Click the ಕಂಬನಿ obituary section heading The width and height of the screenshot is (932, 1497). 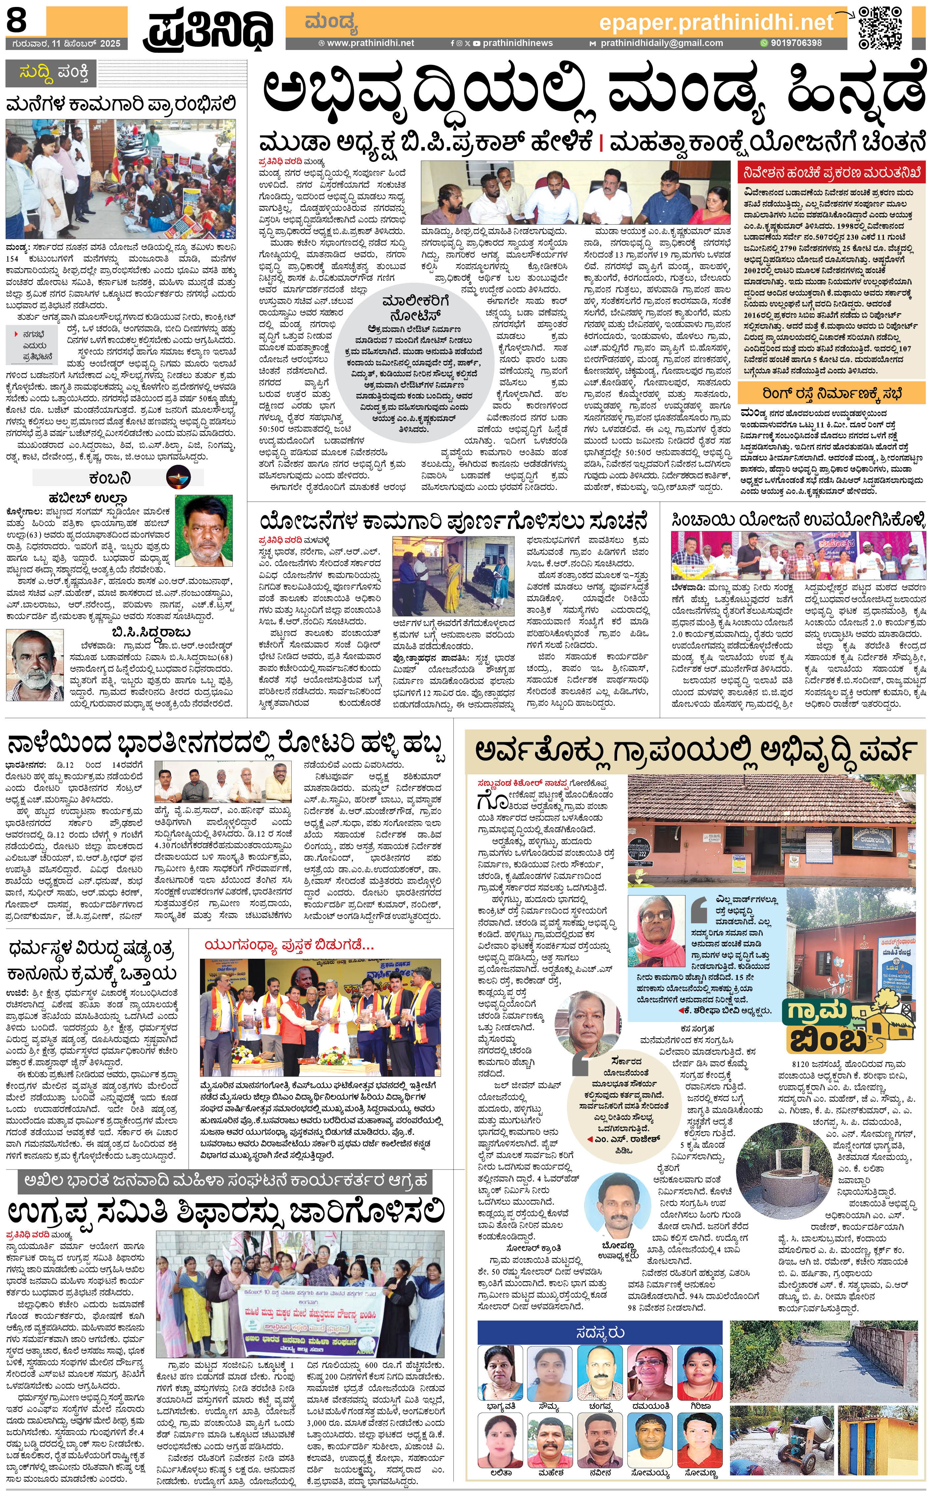pos(109,478)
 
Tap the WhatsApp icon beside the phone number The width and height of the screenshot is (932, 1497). pos(764,43)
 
